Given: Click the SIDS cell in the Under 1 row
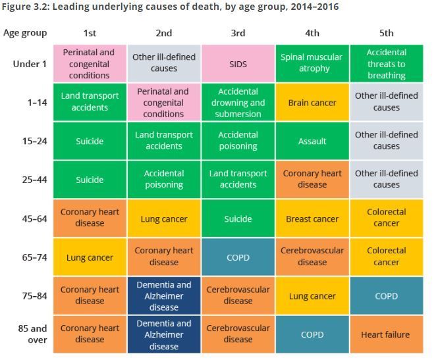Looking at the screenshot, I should tap(238, 64).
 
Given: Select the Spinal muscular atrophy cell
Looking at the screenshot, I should tap(312, 64).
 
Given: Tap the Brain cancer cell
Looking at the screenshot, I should tap(312, 103).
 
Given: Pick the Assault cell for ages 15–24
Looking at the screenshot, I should tap(312, 141).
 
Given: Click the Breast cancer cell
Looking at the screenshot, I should tap(312, 219).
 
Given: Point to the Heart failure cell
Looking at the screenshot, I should tap(386, 334).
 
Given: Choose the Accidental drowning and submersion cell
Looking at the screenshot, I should tap(238, 103).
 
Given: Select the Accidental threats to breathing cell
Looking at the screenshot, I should tap(386, 64).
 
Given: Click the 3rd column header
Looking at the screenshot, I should tap(238, 33).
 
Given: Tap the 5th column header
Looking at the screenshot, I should tap(386, 33).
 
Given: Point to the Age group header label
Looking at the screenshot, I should tap(25, 33).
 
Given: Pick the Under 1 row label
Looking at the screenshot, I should tap(30, 64).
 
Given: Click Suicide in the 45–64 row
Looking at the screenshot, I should tap(238, 219).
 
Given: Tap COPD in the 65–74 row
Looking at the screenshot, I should tap(238, 257).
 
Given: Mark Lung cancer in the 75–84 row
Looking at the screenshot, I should tap(312, 296).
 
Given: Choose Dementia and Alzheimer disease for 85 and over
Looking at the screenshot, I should tap(164, 334).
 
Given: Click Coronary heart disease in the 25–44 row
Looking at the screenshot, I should tap(312, 180).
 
